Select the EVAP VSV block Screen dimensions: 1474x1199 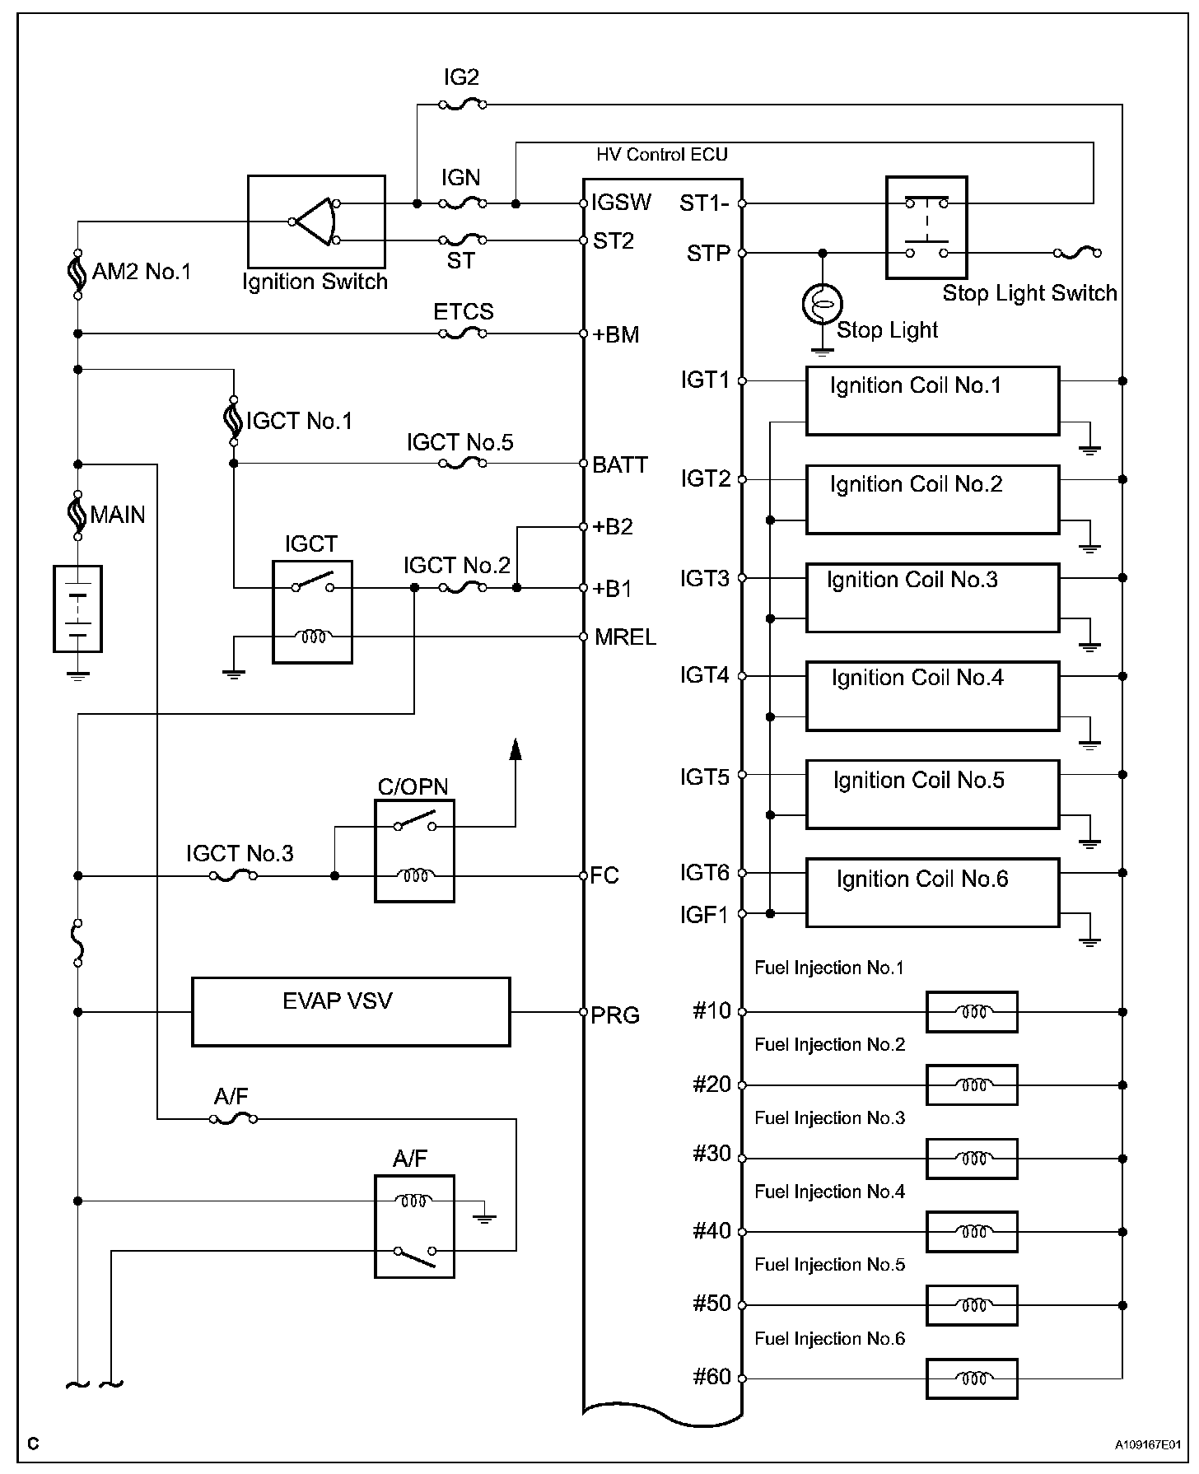coord(351,1011)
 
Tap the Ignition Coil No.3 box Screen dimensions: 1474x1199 coord(932,598)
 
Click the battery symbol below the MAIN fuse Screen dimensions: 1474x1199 coord(77,609)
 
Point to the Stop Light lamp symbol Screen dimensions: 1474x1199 coord(822,304)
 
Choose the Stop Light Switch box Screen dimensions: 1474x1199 coord(926,227)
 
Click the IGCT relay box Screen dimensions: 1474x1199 coord(312,611)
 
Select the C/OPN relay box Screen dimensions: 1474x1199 coord(414,851)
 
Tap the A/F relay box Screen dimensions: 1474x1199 coord(414,1226)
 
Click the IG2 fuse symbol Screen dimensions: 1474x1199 coord(461,105)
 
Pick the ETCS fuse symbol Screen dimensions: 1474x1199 coord(461,334)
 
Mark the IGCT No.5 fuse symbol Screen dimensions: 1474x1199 coord(461,464)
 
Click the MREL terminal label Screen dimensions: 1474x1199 coord(625,637)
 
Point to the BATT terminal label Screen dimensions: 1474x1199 coord(620,465)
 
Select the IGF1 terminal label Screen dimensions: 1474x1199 coord(704,915)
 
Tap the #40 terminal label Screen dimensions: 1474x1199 coord(711,1231)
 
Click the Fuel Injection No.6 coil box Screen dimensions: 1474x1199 coord(972,1378)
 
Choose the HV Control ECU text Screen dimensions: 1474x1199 coord(662,155)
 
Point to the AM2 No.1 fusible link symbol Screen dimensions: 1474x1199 coord(77,273)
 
